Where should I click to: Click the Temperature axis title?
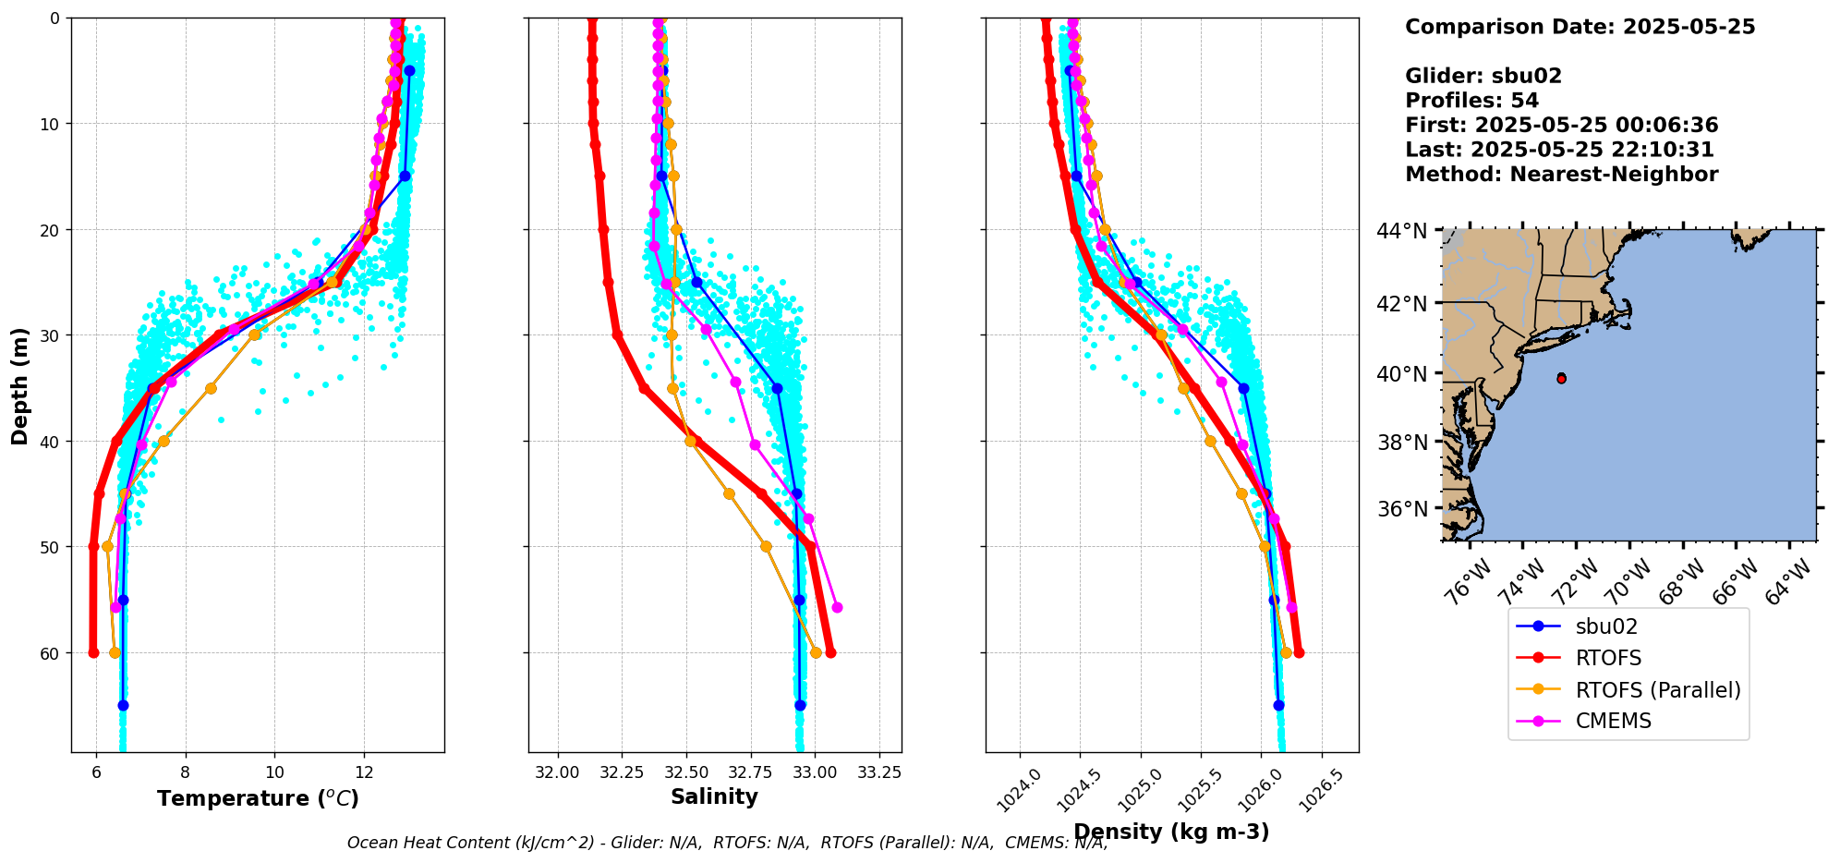(258, 798)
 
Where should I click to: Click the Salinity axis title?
(714, 796)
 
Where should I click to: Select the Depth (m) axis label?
(20, 385)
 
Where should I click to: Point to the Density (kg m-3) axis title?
(1171, 832)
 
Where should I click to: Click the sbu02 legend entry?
(1606, 626)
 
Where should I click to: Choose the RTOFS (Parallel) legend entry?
(1657, 690)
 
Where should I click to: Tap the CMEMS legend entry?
(1613, 721)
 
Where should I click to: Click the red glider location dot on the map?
(1561, 378)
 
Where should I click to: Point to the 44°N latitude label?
(1402, 231)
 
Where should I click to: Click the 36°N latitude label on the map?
(1402, 509)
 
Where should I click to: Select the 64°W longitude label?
(1788, 582)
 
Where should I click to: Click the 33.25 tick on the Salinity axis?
(878, 772)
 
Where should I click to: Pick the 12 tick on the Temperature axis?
(364, 772)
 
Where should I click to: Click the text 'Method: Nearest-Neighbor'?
(1561, 175)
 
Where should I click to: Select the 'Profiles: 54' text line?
(1471, 101)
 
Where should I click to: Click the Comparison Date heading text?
(1580, 27)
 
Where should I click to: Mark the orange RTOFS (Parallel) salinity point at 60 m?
(816, 652)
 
